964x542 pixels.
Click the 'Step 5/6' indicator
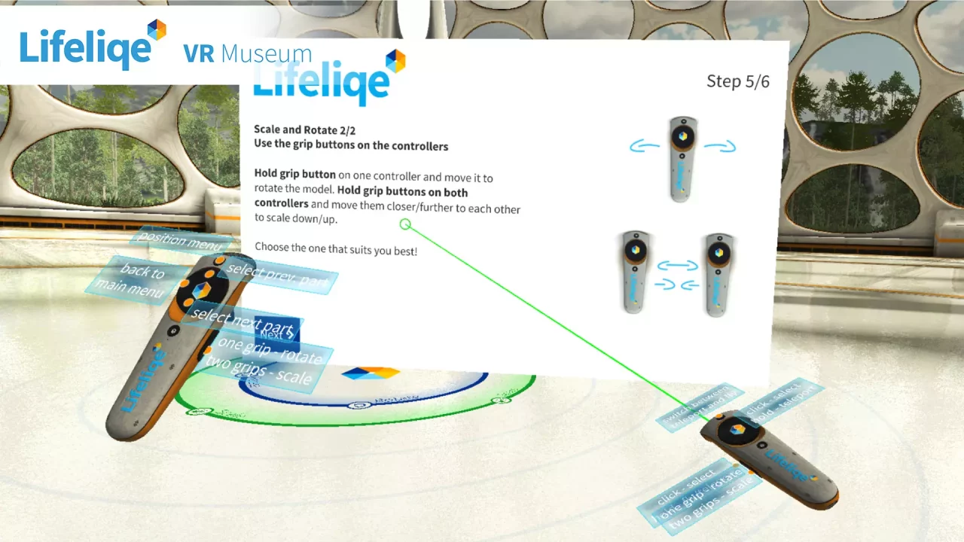[x=737, y=81]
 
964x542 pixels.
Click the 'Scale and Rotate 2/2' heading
[x=304, y=130]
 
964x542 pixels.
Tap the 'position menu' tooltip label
[x=179, y=242]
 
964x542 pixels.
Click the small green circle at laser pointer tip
[x=405, y=224]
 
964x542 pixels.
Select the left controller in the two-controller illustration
[x=635, y=272]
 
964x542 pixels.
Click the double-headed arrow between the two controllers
[x=677, y=265]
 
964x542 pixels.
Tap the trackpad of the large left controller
[x=200, y=290]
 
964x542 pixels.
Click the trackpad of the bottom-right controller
[x=737, y=431]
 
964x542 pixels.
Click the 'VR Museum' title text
[x=247, y=54]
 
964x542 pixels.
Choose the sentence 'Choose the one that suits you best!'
[x=336, y=248]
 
